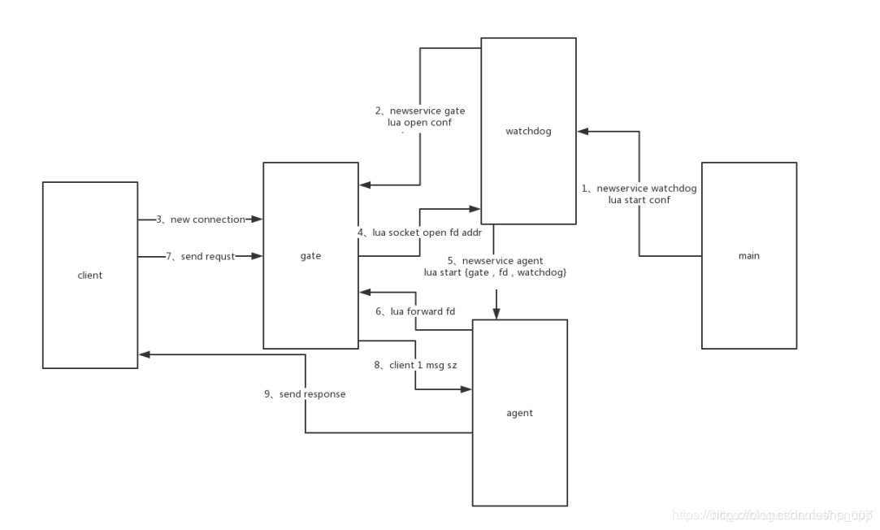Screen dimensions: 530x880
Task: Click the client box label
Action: click(89, 276)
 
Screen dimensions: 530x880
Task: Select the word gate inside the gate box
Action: click(310, 256)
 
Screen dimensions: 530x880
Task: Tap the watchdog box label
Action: click(528, 131)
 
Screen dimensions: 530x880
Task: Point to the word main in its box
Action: click(748, 256)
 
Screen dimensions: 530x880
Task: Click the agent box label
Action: click(519, 413)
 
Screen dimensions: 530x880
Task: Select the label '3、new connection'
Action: click(201, 219)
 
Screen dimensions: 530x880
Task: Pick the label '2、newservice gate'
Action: click(420, 111)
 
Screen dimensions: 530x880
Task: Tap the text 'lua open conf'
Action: click(420, 123)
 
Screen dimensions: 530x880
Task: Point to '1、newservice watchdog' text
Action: click(639, 188)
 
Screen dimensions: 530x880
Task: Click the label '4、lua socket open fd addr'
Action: click(419, 232)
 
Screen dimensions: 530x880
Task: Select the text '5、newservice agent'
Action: click(495, 260)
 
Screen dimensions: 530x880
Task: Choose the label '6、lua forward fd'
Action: click(414, 311)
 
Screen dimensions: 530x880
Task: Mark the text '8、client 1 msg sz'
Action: click(415, 366)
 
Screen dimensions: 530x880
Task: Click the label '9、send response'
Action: click(305, 394)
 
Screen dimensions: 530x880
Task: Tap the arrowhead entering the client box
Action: click(144, 354)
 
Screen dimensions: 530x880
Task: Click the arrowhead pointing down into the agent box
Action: click(496, 314)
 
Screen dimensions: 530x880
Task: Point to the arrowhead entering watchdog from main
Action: click(583, 131)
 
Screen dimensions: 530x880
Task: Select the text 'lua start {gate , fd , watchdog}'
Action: click(495, 272)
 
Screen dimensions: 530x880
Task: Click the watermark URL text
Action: click(773, 515)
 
